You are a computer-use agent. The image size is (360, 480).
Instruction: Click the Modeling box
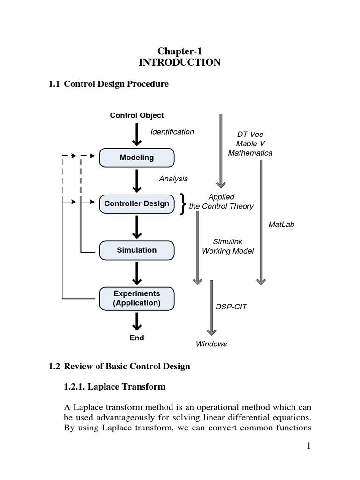pos(137,157)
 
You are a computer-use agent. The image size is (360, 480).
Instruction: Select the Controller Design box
pos(137,203)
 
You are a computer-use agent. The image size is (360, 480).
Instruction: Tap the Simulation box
pos(137,250)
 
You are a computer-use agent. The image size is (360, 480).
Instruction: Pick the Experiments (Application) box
pos(137,298)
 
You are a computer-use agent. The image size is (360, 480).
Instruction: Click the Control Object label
pos(137,115)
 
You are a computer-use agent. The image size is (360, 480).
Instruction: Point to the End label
pos(137,337)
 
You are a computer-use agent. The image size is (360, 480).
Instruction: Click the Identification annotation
pos(172,132)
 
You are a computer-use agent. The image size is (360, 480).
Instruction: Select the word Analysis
pos(173,179)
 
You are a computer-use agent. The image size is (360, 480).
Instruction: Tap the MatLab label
pos(281,225)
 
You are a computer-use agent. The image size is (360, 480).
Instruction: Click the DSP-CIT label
pos(231,307)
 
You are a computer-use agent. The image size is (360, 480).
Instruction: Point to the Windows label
pos(211,344)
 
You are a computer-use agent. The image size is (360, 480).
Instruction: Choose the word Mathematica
pos(250,153)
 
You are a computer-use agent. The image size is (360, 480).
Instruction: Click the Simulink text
pos(228,242)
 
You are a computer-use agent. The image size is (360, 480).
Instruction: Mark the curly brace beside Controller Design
pos(182,204)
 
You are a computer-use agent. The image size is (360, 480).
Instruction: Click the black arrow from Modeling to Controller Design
pos(137,180)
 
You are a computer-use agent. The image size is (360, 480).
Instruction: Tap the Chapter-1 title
pos(180,52)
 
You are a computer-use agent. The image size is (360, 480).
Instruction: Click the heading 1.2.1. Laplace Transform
pos(114,387)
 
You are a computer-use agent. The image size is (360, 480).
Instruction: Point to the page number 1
pos(309,446)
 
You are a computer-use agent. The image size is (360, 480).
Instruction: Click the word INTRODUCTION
pos(180,62)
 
